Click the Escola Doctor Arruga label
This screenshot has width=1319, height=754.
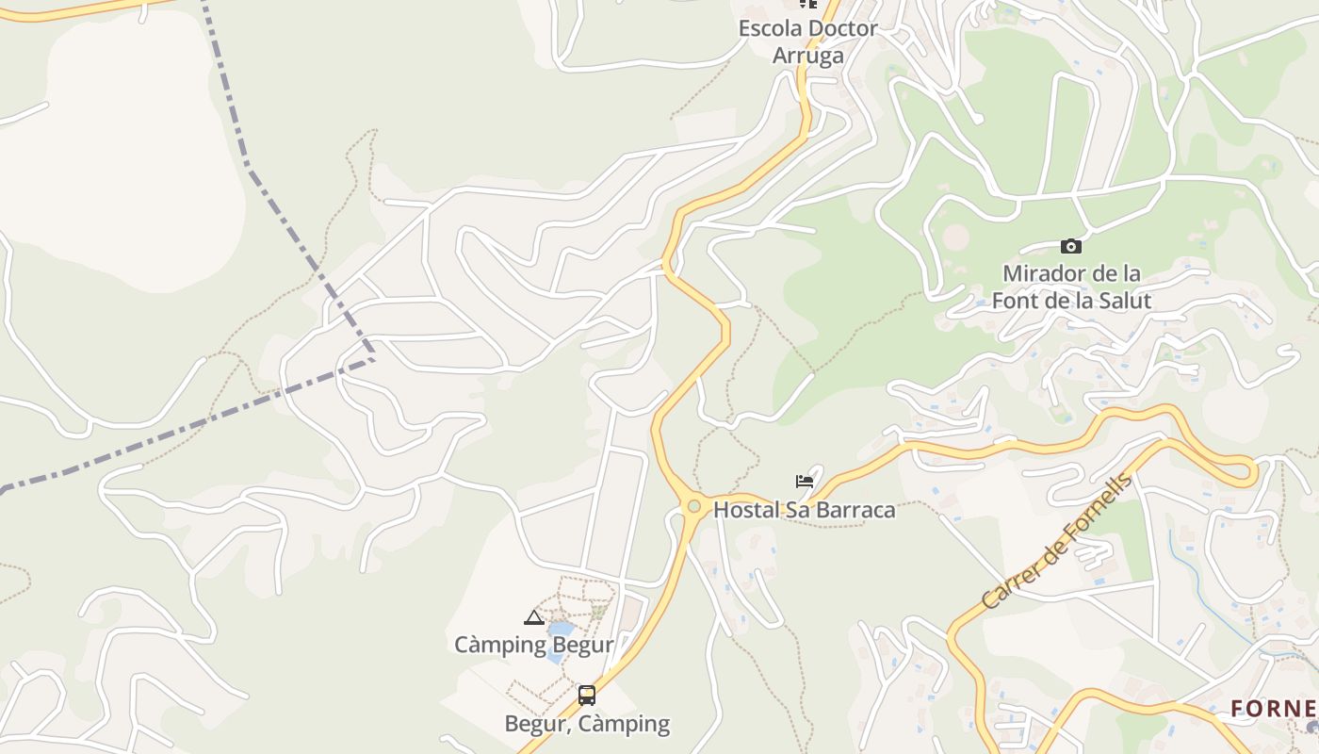pos(807,41)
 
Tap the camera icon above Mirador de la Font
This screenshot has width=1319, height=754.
pos(1070,247)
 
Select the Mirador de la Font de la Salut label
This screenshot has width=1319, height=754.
pos(1071,287)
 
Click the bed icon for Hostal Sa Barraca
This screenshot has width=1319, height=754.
pos(804,482)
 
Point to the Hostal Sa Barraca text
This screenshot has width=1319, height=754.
pos(804,510)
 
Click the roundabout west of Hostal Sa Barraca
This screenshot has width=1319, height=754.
pos(694,507)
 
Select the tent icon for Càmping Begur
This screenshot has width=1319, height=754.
pos(534,618)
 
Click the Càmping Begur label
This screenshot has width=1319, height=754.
pos(533,646)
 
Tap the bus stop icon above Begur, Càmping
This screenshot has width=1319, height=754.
pos(587,697)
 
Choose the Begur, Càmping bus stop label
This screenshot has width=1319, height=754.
pos(587,724)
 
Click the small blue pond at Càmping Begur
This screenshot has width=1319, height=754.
pos(561,629)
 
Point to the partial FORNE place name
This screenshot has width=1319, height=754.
pos(1273,708)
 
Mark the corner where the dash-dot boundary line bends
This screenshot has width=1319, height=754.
pos(373,358)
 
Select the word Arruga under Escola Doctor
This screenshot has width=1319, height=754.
pos(807,56)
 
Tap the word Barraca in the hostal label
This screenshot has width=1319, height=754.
pos(853,510)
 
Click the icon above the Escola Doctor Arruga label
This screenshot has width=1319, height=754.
pos(807,4)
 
